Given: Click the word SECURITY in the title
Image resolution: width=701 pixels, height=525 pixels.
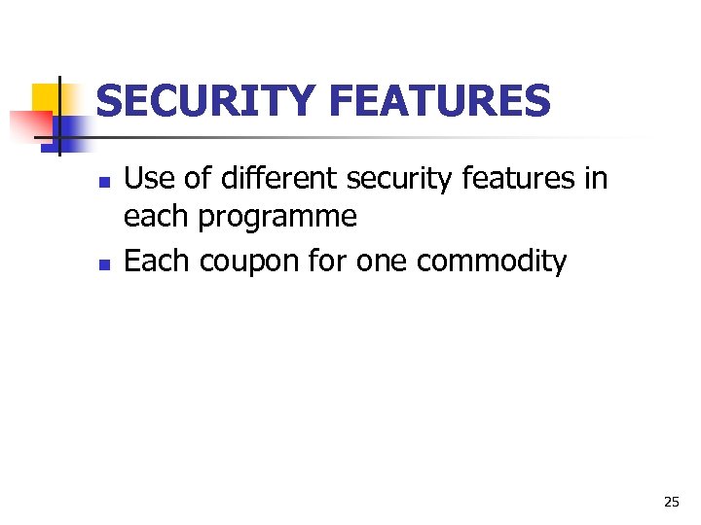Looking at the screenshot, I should [x=206, y=101].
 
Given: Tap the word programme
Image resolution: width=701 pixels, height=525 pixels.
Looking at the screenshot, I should [x=277, y=218].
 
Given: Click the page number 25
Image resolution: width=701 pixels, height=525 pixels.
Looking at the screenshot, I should [x=671, y=502].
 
